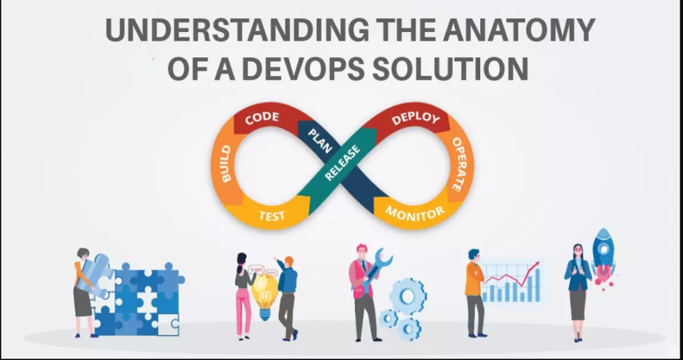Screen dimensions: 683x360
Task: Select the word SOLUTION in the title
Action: point(450,69)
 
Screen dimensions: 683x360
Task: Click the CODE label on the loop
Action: point(261,118)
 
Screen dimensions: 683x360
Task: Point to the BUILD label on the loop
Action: point(225,164)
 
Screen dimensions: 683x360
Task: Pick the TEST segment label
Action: point(272,215)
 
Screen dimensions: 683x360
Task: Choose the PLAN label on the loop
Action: point(320,141)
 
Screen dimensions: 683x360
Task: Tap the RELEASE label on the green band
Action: point(342,163)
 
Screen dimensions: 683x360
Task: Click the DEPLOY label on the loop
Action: point(416,118)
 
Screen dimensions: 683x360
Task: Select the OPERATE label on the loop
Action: point(457,164)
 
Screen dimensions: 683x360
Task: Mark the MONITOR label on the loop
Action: point(416,213)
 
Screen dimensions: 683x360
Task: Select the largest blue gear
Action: point(408,297)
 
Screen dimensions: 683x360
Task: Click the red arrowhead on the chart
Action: point(536,264)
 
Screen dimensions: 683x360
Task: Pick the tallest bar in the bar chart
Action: point(537,285)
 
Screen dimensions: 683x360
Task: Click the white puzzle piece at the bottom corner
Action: point(169,324)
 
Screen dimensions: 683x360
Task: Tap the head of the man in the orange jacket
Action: point(474,255)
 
